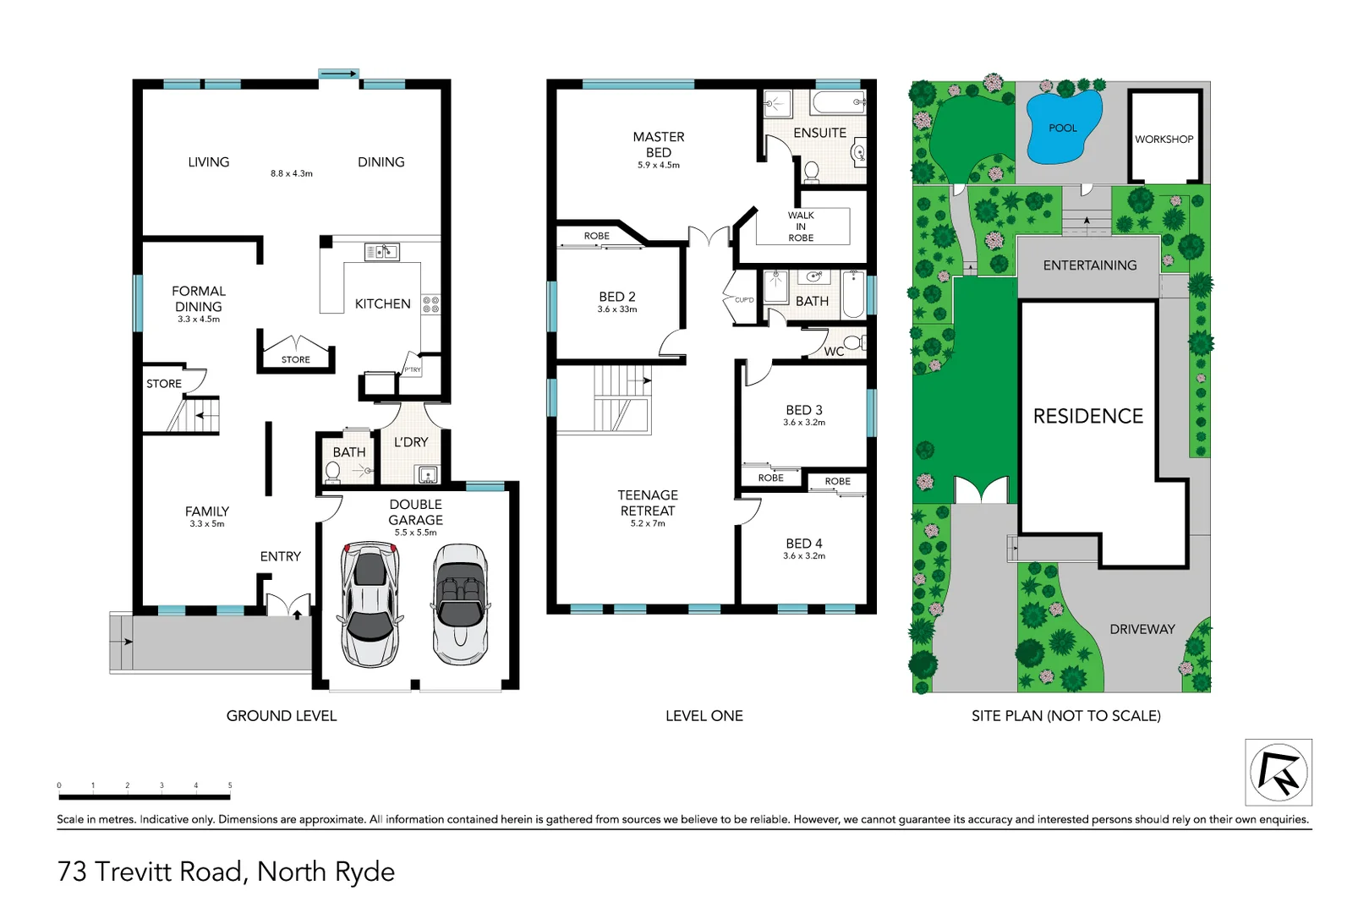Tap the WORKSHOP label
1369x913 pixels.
1164,139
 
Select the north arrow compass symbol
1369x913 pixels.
1278,772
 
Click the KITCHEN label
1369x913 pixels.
382,303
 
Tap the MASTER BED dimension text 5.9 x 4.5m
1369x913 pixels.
658,166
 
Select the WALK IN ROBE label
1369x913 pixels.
801,227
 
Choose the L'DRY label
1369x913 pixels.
411,442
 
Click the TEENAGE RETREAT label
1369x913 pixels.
648,503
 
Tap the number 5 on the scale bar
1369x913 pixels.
230,785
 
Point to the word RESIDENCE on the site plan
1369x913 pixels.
1087,416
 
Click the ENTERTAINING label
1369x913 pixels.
1089,265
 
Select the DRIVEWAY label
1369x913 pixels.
1142,629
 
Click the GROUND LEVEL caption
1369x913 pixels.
282,716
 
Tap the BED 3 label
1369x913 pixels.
803,410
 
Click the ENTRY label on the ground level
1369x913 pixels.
280,556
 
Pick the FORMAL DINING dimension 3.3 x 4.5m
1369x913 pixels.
199,320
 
